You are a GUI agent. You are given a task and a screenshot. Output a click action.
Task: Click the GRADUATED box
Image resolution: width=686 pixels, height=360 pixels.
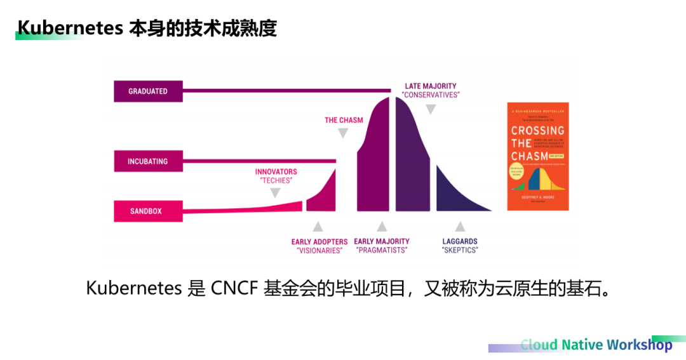click(x=148, y=91)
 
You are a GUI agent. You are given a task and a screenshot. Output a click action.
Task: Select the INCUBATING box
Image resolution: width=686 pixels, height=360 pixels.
click(x=148, y=161)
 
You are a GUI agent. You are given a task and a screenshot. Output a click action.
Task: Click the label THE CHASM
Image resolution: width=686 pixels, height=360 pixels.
click(x=344, y=120)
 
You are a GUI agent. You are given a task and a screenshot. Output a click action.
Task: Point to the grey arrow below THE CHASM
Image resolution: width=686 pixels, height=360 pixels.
click(x=343, y=133)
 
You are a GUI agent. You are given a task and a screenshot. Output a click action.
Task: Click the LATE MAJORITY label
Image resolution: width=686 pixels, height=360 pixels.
click(x=431, y=86)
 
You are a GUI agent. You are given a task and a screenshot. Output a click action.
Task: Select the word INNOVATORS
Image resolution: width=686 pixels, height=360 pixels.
click(x=276, y=171)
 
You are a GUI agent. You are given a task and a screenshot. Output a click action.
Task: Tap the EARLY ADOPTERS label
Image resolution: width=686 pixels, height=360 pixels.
click(x=319, y=242)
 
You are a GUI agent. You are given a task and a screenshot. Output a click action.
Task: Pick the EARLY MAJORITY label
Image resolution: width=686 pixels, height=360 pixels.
click(x=382, y=242)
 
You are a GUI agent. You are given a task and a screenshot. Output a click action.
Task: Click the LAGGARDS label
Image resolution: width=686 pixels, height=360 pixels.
click(x=460, y=242)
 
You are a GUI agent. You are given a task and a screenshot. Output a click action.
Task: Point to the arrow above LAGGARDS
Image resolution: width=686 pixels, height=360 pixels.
click(x=460, y=226)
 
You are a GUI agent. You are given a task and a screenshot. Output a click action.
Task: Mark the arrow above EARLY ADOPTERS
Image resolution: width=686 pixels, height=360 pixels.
click(x=318, y=226)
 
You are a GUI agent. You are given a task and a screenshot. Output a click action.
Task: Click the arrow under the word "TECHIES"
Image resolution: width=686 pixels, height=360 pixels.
click(x=275, y=193)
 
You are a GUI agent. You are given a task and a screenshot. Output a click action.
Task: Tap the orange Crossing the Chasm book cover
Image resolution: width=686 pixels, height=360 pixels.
click(x=537, y=156)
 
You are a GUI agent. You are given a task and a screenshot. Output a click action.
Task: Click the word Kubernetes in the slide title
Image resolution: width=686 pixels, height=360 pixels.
click(x=70, y=29)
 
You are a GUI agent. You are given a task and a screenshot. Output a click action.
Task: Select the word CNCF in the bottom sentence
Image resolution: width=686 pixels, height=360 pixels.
click(x=233, y=288)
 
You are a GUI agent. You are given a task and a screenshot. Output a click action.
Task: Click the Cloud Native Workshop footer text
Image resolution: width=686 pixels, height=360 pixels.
click(x=596, y=345)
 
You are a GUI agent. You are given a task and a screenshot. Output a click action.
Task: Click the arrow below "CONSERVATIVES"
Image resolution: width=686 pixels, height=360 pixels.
click(x=431, y=109)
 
